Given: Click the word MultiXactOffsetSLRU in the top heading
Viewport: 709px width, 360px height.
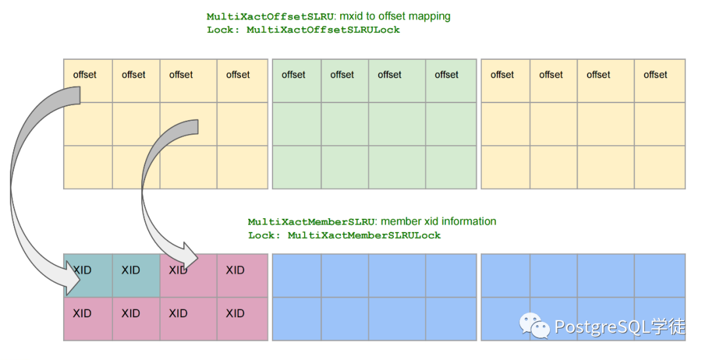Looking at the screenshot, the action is pos(270,16).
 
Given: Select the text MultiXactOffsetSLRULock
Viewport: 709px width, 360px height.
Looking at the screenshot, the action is pos(323,30).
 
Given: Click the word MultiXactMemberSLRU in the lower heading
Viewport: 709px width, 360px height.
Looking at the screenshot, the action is pos(311,222).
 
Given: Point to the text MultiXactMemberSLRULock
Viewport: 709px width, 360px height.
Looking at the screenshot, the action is pos(364,235).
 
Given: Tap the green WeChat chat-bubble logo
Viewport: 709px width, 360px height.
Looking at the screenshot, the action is pos(535,325).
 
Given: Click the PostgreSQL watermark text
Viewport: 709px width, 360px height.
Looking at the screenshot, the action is pos(620,326).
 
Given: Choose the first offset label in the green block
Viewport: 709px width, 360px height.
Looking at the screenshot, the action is pos(293,75).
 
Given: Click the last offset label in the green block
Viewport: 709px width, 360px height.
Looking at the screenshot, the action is pos(446,75).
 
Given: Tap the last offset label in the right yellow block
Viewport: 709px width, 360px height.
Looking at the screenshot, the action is pos(655,75).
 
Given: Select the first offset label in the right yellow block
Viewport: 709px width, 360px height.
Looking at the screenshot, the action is pos(502,75).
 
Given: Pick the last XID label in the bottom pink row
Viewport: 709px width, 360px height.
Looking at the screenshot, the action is pos(235,313).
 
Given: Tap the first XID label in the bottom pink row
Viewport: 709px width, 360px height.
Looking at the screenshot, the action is pos(82,313).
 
